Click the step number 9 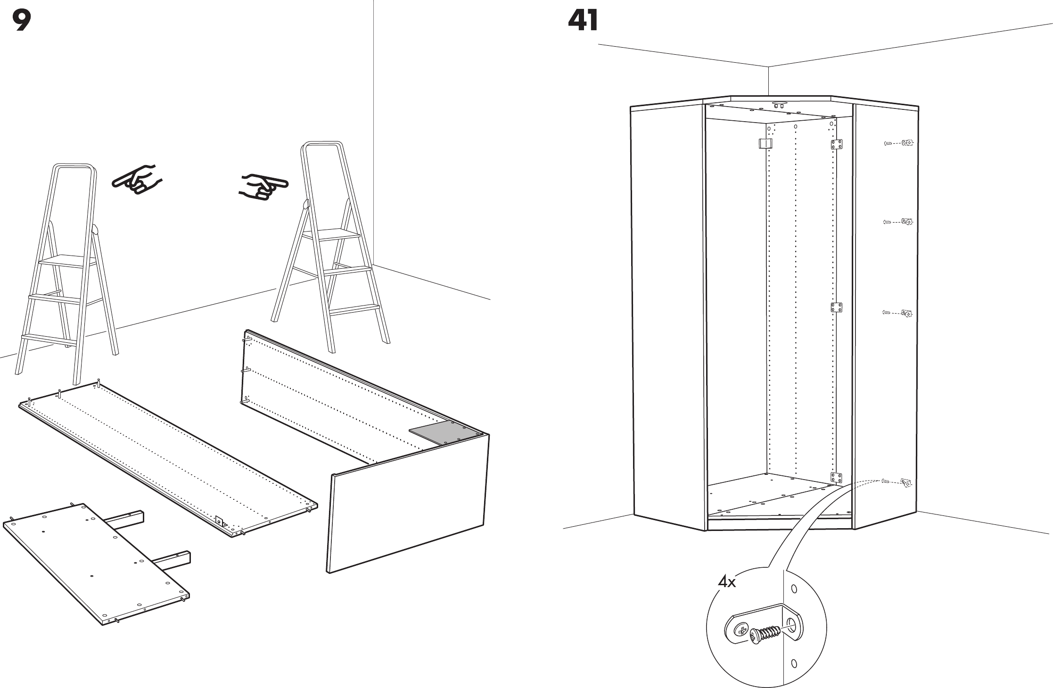[22, 21]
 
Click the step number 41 [583, 21]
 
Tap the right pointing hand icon [263, 185]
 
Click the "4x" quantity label [726, 582]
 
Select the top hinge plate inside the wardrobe [836, 144]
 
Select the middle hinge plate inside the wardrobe [836, 307]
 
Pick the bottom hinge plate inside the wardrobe [836, 478]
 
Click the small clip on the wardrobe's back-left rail [765, 143]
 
